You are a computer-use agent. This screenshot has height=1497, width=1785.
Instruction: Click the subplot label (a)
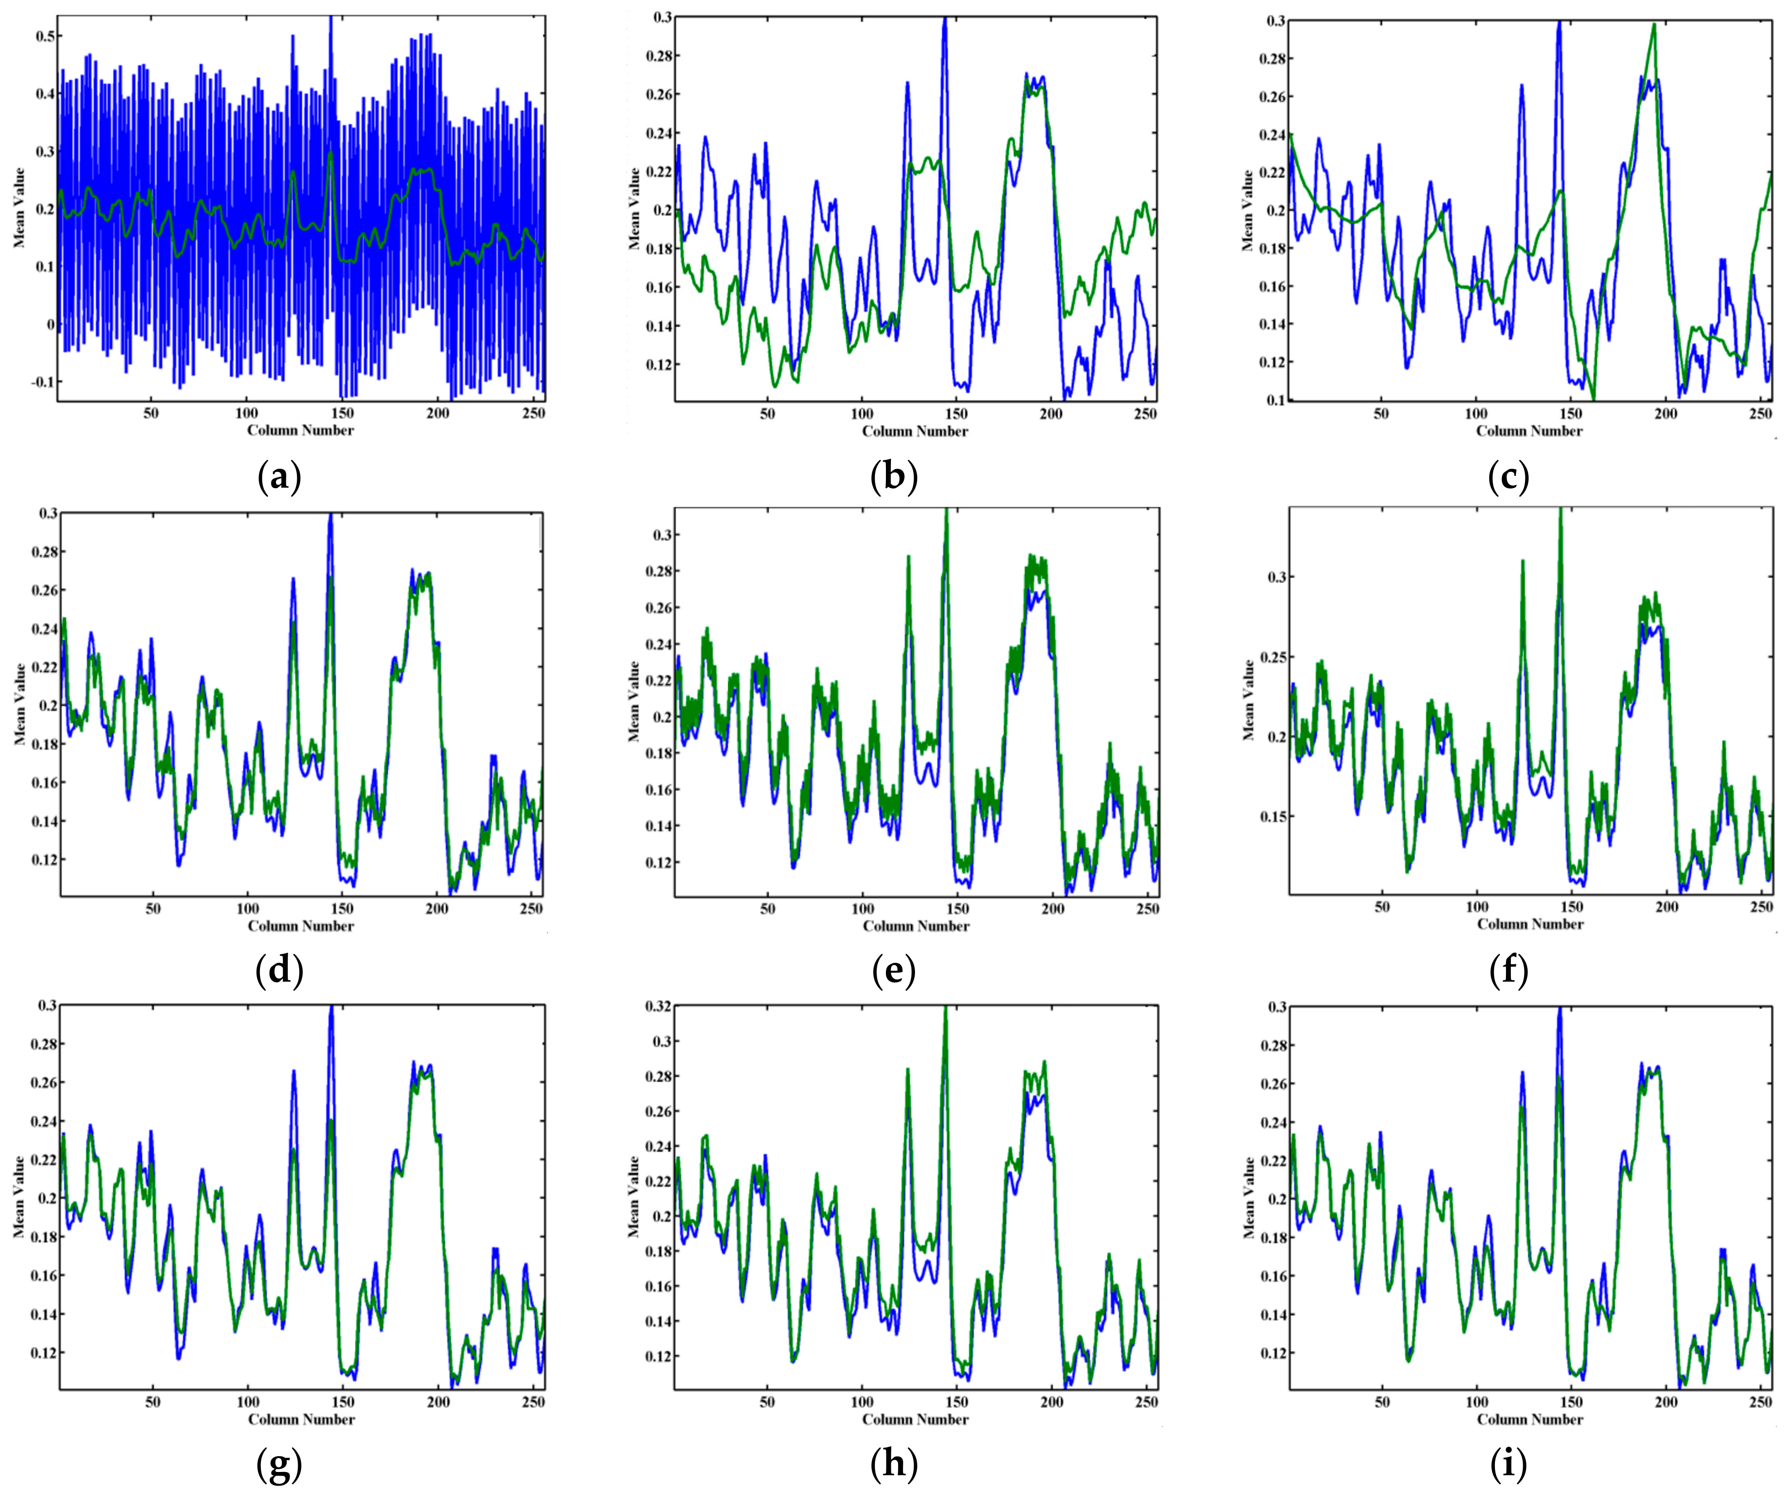[279, 479]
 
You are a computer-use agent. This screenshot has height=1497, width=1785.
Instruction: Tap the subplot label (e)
[893, 971]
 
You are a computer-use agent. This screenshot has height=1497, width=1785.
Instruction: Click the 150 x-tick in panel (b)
[956, 414]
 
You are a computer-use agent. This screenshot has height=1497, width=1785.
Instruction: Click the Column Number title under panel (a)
[300, 430]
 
